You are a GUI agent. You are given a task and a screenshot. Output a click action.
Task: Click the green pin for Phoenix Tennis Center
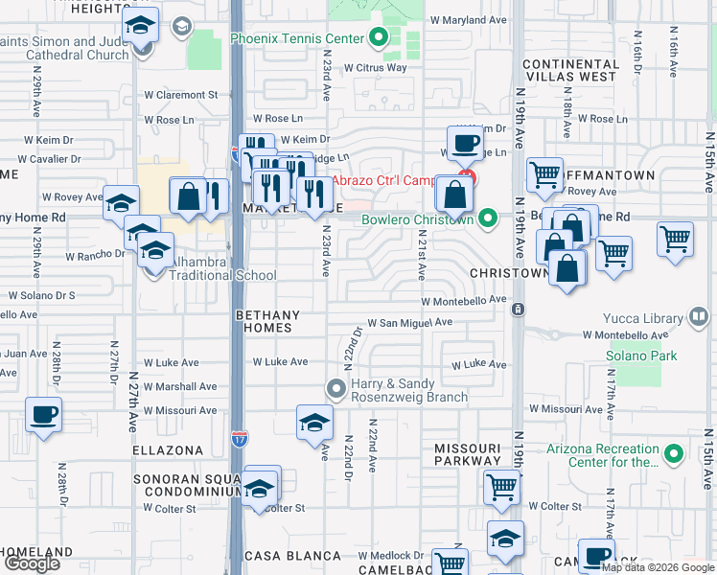coord(378,38)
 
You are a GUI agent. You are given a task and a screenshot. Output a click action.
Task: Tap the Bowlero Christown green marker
coord(488,219)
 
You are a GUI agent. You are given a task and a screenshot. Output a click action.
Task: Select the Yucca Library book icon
coord(699,318)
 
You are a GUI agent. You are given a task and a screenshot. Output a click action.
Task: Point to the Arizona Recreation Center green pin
coord(674,452)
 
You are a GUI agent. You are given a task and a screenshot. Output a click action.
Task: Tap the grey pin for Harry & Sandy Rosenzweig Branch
coord(335,389)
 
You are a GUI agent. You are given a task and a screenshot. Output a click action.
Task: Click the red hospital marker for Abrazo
coord(467,178)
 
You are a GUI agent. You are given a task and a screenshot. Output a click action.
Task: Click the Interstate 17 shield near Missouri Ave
coord(240,438)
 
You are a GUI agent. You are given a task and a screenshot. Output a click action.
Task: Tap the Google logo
coord(32,563)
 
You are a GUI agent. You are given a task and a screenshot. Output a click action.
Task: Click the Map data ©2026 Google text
coord(658,567)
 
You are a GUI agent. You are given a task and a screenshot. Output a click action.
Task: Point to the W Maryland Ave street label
coord(468,19)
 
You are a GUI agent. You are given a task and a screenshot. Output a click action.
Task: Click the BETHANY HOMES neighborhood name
coord(267,321)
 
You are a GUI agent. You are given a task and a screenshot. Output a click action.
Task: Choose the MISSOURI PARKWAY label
coord(469,454)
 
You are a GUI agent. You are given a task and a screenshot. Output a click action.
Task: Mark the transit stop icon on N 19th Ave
coord(518,310)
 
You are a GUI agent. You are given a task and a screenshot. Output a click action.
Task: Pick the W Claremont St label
coord(181,95)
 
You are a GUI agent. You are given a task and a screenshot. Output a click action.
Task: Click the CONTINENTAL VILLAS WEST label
coord(569,69)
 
